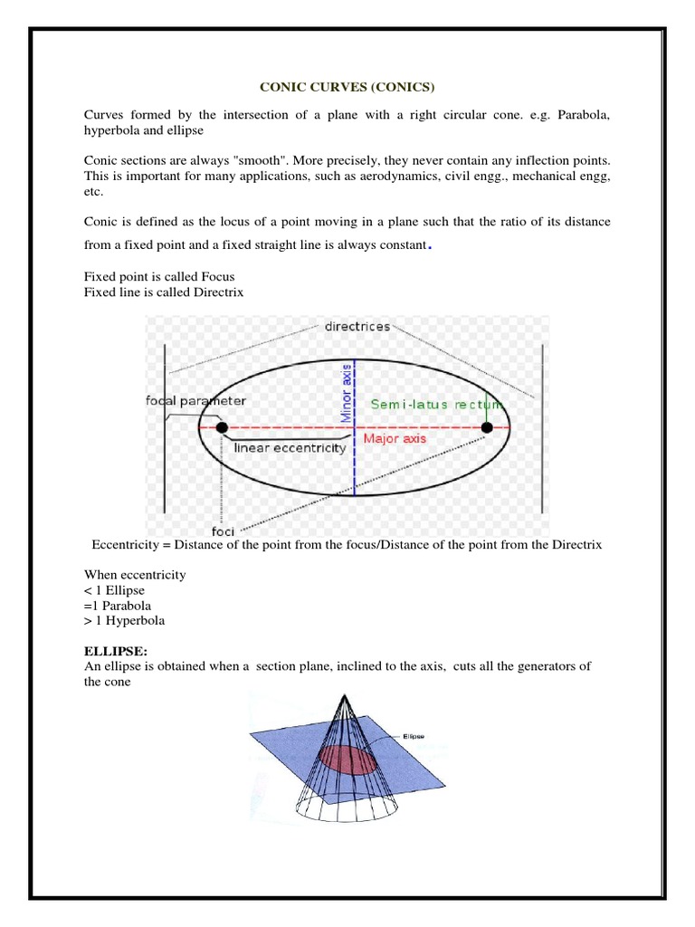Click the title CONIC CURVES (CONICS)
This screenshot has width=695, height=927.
click(x=347, y=87)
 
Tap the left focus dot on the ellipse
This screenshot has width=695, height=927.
click(x=222, y=427)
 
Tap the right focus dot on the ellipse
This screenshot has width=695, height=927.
click(x=487, y=427)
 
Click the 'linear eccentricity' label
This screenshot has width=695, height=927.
click(x=290, y=447)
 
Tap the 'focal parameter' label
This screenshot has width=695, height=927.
click(x=195, y=400)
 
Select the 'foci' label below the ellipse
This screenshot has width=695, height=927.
click(x=224, y=531)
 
